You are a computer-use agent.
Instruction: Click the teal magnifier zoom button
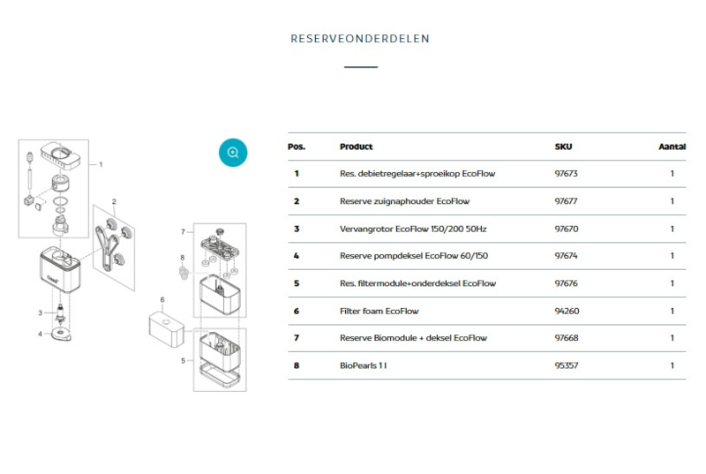point(233,153)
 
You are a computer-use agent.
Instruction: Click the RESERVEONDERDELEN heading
point(360,39)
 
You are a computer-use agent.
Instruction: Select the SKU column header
point(563,147)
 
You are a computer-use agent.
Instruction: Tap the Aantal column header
point(672,147)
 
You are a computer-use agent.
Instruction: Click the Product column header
point(357,147)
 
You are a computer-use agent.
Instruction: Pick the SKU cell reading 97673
point(566,174)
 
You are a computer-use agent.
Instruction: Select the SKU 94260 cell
point(567,311)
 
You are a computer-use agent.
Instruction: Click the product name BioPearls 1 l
point(363,365)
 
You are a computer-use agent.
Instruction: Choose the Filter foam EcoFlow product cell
point(379,311)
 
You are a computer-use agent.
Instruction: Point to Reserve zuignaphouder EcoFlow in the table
point(404,201)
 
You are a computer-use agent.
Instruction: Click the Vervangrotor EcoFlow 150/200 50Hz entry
point(413,229)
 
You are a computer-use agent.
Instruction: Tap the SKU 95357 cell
point(567,365)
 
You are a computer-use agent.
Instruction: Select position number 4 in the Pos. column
point(297,256)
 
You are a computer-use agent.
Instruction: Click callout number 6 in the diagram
point(162,300)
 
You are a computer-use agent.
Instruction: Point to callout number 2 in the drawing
point(114,201)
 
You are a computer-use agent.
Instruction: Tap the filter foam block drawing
point(166,329)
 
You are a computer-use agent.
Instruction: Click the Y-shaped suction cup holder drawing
point(105,245)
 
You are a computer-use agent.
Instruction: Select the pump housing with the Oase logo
point(60,269)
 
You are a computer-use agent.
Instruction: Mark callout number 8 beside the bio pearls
point(183,258)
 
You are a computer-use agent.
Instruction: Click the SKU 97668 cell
point(567,338)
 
